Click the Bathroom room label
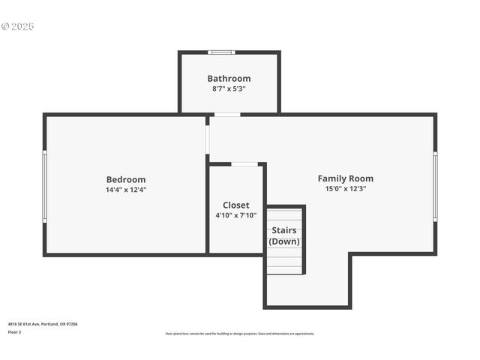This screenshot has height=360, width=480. (x=229, y=78)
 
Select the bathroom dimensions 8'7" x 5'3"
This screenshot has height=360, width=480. (x=229, y=88)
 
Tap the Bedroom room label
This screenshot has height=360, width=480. (x=126, y=179)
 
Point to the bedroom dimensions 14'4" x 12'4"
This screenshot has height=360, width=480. (x=126, y=190)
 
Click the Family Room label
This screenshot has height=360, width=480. (x=345, y=178)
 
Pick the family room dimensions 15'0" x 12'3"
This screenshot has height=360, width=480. (x=345, y=189)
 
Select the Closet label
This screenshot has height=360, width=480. (x=235, y=205)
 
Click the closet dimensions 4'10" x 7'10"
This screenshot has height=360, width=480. (x=235, y=215)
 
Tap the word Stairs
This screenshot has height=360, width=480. (x=283, y=230)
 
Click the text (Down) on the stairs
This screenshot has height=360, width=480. (x=284, y=241)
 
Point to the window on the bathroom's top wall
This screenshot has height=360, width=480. (x=221, y=52)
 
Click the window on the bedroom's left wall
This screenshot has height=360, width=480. (x=44, y=185)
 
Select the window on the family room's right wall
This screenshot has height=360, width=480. (x=435, y=186)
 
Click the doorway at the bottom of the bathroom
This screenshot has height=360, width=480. (x=226, y=115)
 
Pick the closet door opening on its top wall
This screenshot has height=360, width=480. (x=244, y=163)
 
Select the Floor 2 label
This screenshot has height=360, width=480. (x=15, y=331)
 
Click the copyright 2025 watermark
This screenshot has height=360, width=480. (x=18, y=26)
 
